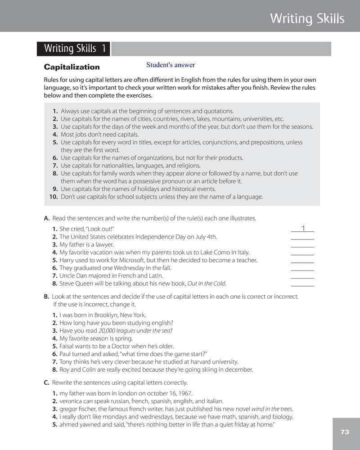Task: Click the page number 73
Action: click(x=345, y=432)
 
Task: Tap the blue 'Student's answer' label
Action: click(x=171, y=65)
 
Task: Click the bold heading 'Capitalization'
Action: click(x=72, y=67)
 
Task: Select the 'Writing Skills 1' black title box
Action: click(x=74, y=49)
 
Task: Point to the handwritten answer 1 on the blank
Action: click(x=303, y=229)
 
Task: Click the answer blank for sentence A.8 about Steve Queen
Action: click(x=302, y=283)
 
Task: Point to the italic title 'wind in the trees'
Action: click(x=272, y=409)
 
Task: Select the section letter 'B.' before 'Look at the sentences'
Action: click(x=46, y=297)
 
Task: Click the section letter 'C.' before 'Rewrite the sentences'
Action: click(x=46, y=382)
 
